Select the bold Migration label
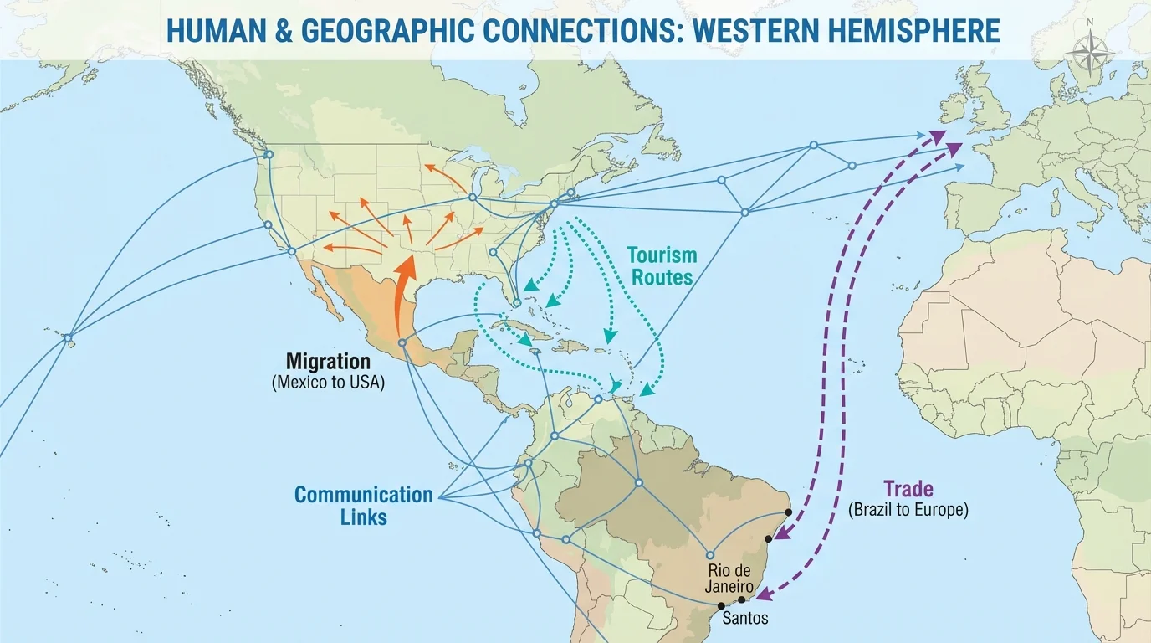tap(328, 362)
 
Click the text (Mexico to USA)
tap(328, 383)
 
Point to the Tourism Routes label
tap(662, 265)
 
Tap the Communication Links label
tap(364, 505)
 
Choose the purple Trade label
tap(908, 489)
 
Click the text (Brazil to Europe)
tap(908, 509)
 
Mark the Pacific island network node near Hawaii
tap(69, 338)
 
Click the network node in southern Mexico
tap(402, 342)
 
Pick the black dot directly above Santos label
tap(741, 600)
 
